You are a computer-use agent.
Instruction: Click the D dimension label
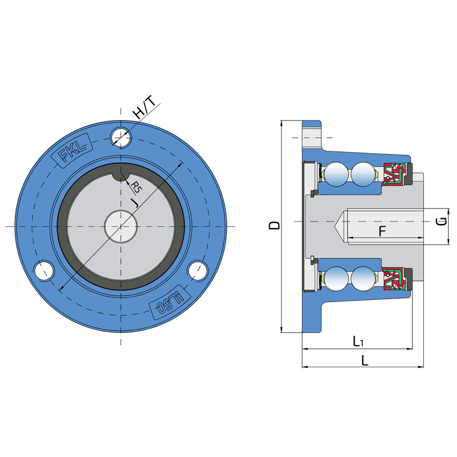[x=275, y=225]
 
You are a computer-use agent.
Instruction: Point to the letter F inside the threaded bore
[x=383, y=231]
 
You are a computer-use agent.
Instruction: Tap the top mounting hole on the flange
[x=121, y=136]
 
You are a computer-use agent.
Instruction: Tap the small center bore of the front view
[x=121, y=226]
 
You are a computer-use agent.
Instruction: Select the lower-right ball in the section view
[x=363, y=279]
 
